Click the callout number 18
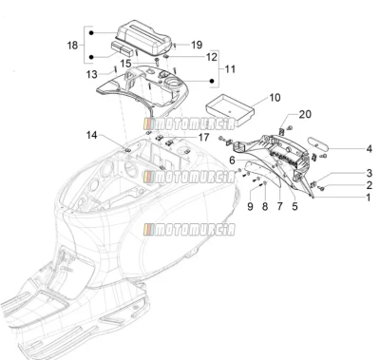(72, 45)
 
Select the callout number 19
(197, 45)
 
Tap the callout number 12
(212, 57)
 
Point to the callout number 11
(230, 69)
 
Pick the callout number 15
(125, 64)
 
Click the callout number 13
(92, 74)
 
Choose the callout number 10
(275, 98)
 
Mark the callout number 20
(305, 114)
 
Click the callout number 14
(92, 135)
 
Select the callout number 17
(203, 137)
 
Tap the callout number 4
(370, 148)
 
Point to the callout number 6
(232, 161)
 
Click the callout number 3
(370, 173)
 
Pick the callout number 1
(369, 198)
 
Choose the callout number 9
(250, 207)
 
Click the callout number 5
(294, 206)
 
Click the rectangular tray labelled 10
(231, 108)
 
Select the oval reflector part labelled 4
(319, 143)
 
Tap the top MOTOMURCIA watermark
(189, 123)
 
